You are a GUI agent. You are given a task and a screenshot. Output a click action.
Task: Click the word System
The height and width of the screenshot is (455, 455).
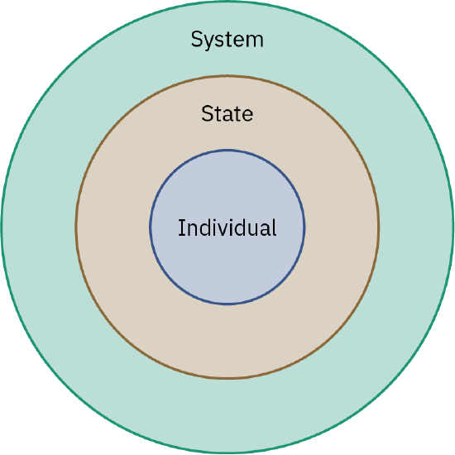[227, 39]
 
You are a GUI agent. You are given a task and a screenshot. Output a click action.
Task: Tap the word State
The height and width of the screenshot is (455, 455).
[227, 114]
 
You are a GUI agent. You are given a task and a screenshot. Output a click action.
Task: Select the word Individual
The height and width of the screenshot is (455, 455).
[227, 227]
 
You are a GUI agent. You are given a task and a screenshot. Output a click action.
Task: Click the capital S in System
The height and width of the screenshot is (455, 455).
[197, 39]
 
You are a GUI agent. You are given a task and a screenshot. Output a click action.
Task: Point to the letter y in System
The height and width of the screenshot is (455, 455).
[209, 41]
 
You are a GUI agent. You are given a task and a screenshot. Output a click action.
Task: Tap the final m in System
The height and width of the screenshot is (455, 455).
[256, 40]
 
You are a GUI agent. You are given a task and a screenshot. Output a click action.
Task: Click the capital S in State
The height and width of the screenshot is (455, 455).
[208, 114]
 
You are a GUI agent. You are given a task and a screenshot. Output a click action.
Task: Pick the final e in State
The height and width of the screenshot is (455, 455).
[248, 115]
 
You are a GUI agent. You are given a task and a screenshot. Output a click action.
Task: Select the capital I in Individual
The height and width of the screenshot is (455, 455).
[181, 227]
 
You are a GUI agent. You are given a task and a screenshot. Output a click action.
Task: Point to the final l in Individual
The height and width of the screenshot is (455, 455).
[274, 227]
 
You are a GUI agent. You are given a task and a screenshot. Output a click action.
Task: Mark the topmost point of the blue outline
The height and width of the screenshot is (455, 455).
[227, 150]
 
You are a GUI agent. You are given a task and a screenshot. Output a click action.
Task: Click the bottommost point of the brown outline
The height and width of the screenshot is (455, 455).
[227, 379]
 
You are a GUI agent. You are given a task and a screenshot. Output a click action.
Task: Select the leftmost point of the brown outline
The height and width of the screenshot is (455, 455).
[76, 227]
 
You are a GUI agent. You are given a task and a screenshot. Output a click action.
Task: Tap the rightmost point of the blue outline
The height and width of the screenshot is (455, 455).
[305, 227]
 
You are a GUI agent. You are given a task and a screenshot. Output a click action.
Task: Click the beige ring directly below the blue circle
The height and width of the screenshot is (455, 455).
[227, 342]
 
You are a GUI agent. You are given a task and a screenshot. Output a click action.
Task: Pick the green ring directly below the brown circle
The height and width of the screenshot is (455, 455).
[227, 416]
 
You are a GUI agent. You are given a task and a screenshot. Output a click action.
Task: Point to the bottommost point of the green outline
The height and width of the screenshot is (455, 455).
[227, 453]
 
